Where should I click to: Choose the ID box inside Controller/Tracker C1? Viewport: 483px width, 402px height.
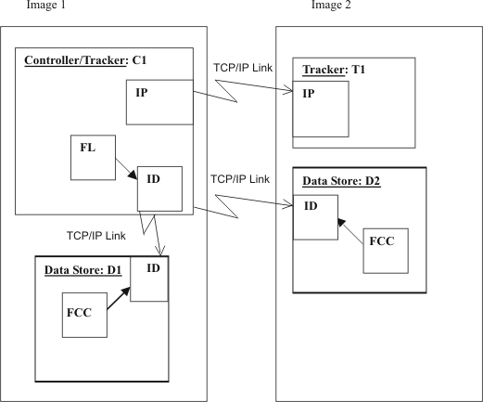click(160, 188)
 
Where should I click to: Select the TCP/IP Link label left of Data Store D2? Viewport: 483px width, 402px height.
click(240, 178)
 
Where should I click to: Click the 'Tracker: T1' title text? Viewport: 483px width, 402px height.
click(331, 71)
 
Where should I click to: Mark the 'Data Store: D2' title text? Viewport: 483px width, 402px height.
click(337, 181)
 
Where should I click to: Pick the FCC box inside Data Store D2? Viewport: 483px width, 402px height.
click(384, 248)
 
